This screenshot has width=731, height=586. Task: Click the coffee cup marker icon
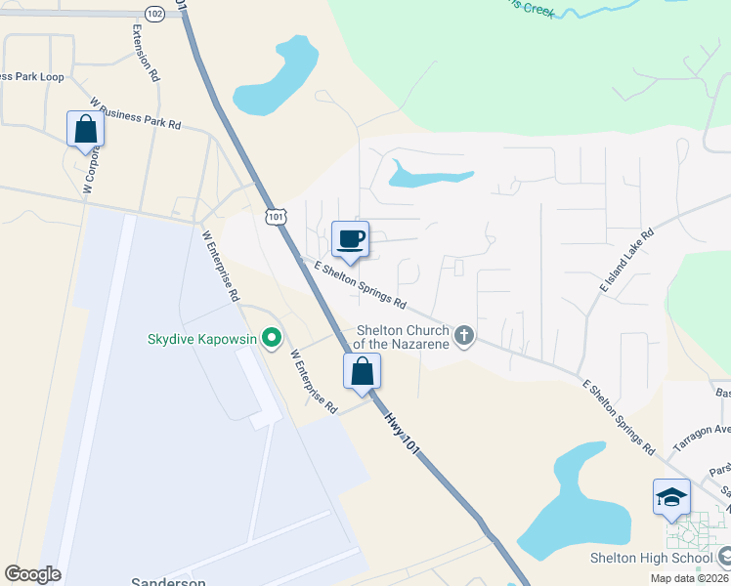[x=350, y=238]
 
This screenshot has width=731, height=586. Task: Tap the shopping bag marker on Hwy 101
[x=362, y=371]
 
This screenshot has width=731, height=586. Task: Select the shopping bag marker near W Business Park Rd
[x=85, y=129]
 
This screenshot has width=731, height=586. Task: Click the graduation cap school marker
[x=671, y=497]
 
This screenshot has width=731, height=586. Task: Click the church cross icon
[x=463, y=337]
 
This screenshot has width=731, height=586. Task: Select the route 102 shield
[x=154, y=13]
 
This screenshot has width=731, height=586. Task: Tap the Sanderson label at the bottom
[x=169, y=581]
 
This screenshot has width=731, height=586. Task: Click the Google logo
[x=32, y=574]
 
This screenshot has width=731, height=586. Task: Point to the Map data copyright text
[x=688, y=578]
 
